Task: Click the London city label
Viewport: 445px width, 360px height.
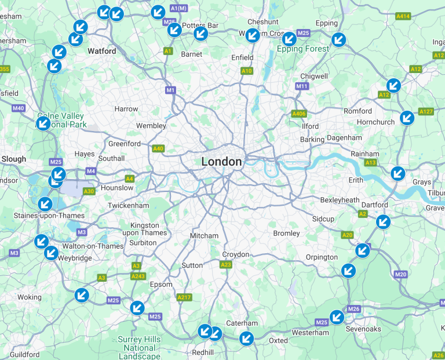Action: tap(221, 162)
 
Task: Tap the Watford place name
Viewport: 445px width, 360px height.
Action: tap(102, 51)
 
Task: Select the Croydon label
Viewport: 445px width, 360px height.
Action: tap(236, 254)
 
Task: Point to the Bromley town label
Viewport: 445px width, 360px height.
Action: tap(287, 233)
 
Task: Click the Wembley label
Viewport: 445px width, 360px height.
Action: tap(151, 126)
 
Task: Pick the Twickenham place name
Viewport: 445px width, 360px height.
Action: tap(128, 205)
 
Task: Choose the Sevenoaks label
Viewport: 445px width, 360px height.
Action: tap(363, 329)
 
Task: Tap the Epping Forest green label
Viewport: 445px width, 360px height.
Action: tap(302, 49)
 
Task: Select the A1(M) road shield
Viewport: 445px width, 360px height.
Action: tap(179, 8)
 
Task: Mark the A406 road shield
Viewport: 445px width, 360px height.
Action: tap(299, 114)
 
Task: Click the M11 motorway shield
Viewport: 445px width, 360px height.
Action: tap(302, 86)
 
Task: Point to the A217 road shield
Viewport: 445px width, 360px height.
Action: tap(184, 297)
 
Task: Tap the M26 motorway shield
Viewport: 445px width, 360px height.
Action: tap(354, 309)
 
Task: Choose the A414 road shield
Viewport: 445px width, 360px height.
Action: tap(403, 16)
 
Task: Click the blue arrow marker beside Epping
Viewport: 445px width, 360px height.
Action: tap(338, 39)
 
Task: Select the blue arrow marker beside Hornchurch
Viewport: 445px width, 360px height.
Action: tap(407, 118)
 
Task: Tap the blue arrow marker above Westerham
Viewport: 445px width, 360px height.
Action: tap(337, 317)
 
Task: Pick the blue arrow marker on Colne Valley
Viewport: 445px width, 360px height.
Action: tap(43, 123)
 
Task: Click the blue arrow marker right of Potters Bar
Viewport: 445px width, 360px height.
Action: tap(200, 34)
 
